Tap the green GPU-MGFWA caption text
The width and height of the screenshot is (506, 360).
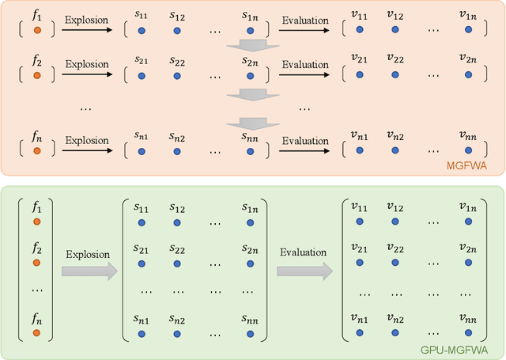point(466,350)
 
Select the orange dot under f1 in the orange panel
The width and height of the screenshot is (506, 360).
point(36,30)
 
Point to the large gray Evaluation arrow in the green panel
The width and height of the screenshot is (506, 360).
point(304,271)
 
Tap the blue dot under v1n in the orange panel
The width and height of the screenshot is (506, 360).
point(468,30)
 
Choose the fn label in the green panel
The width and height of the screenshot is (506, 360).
point(36,320)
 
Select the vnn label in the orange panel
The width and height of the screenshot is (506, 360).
point(468,136)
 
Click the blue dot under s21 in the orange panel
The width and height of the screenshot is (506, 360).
point(142,75)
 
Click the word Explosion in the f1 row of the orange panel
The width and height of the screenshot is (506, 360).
point(86,17)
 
